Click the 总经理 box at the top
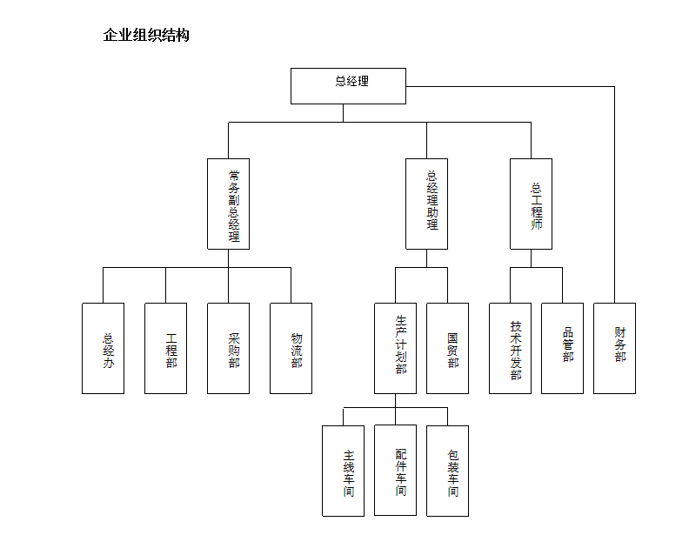point(348,86)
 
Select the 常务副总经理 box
point(228,204)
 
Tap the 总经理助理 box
point(426,204)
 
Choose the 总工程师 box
point(531,204)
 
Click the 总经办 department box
point(103,348)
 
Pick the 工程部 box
point(165,348)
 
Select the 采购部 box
point(228,348)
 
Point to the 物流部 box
point(291,348)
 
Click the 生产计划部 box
point(395,348)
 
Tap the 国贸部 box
point(447,348)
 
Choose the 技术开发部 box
point(510,348)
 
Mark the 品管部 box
point(562,348)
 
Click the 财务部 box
point(614,348)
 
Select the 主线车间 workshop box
point(343,471)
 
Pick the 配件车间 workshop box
point(395,470)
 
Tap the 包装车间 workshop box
point(447,471)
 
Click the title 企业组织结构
point(146,35)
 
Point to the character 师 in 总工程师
point(537,224)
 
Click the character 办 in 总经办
point(109,363)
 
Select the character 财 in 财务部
point(620,332)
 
